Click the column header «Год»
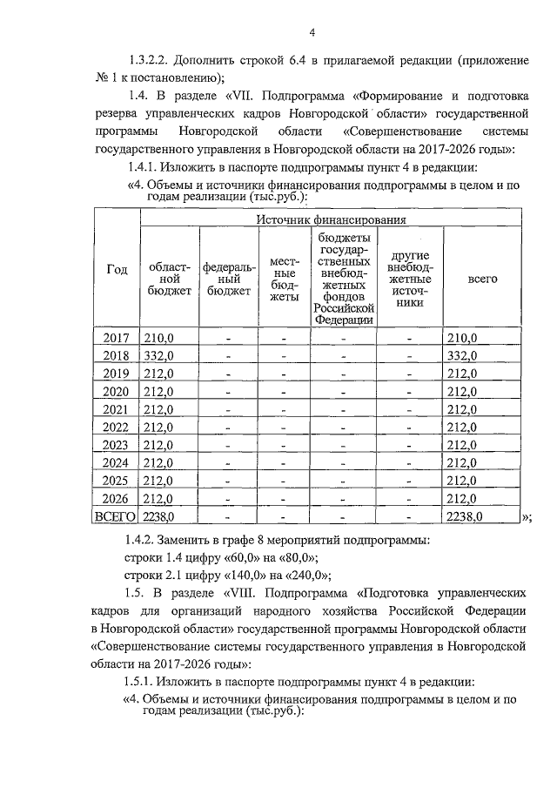tap(117, 270)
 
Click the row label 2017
tap(116, 338)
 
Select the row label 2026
tap(116, 499)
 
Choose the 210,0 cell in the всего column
tap(462, 338)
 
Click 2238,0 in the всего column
tap(465, 517)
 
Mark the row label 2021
tap(116, 410)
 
